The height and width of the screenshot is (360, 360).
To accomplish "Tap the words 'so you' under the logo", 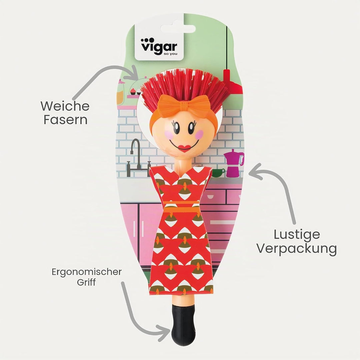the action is click(x=170, y=54).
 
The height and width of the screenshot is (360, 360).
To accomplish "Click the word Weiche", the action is click(x=65, y=106).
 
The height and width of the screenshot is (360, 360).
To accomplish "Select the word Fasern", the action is click(x=65, y=120).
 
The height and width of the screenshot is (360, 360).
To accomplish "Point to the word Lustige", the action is click(x=297, y=235).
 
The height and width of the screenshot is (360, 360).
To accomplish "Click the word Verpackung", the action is click(x=297, y=249).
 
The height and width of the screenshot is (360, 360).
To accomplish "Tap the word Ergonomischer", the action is click(x=87, y=272).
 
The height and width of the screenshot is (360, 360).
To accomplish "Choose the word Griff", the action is click(x=86, y=282).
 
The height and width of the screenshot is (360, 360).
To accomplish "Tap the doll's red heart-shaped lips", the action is click(x=185, y=148).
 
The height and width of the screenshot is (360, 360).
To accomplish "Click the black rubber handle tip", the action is click(x=183, y=325).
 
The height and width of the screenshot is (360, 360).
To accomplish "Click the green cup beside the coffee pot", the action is click(x=218, y=173).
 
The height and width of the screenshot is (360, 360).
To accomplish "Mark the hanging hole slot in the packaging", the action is click(x=178, y=29).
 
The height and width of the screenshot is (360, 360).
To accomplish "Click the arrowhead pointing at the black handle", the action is click(x=163, y=333).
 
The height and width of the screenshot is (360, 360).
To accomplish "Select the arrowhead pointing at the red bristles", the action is click(x=135, y=73).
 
